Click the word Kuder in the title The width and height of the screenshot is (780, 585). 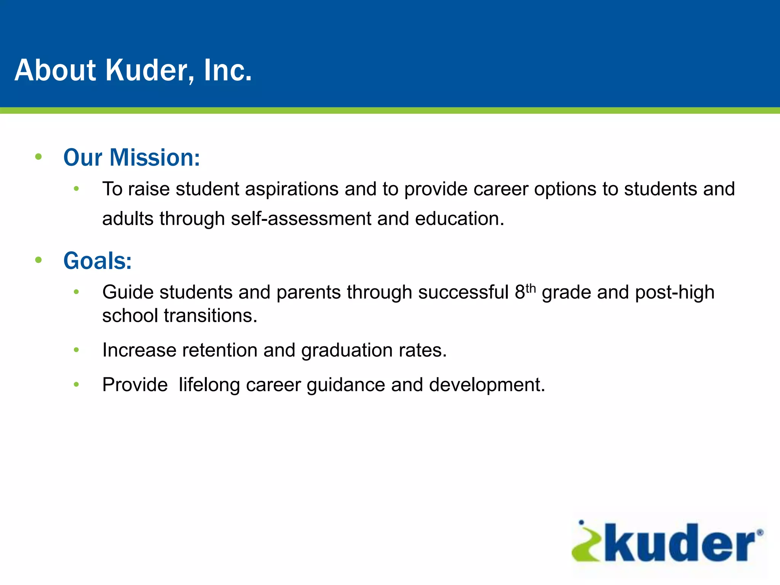pos(149,70)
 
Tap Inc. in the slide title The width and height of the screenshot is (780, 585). pos(227,70)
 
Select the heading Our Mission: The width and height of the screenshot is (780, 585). pos(132,157)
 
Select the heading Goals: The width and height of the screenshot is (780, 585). pos(97,261)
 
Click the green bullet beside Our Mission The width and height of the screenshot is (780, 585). pos(38,157)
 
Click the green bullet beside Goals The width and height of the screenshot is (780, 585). pos(38,260)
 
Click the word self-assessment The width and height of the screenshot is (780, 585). pos(301,219)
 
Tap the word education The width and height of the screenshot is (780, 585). pos(459,219)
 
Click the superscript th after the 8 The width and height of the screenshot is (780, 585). pos(531,288)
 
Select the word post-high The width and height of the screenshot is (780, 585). pos(675,292)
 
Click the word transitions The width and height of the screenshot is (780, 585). pos(211,316)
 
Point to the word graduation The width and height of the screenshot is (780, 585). pos(347,351)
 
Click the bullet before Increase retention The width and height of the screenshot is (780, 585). pos(76,350)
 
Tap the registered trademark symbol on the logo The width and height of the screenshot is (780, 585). pos(759,533)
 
